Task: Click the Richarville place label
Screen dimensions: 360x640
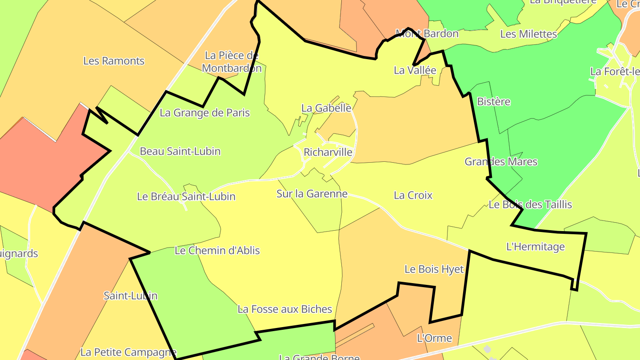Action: point(328,152)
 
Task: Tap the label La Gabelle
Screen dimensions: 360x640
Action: point(326,108)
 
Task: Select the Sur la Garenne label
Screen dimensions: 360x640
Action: point(312,194)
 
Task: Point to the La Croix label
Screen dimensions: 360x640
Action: point(413,195)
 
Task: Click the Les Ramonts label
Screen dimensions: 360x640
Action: point(114,61)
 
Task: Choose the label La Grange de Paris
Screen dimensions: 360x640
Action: point(204,113)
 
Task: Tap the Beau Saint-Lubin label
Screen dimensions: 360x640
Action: point(180,151)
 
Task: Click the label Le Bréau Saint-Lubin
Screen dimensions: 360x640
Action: point(186,196)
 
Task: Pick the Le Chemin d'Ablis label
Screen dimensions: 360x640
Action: point(217,251)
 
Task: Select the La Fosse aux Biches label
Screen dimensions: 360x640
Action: point(285,309)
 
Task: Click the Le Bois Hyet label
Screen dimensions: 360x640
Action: point(434,269)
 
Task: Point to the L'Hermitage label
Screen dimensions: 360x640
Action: point(536,247)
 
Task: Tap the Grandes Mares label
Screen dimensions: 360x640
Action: point(501,162)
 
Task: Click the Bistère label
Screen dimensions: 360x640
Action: point(493,102)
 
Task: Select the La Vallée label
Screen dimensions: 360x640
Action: point(415,70)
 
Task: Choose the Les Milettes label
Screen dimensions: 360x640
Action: point(528,34)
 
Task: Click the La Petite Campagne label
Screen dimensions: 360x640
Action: point(128,352)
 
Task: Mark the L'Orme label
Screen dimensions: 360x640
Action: point(434,338)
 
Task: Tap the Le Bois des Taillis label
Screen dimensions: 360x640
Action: point(530,205)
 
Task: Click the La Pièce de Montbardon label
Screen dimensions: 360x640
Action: point(232,62)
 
